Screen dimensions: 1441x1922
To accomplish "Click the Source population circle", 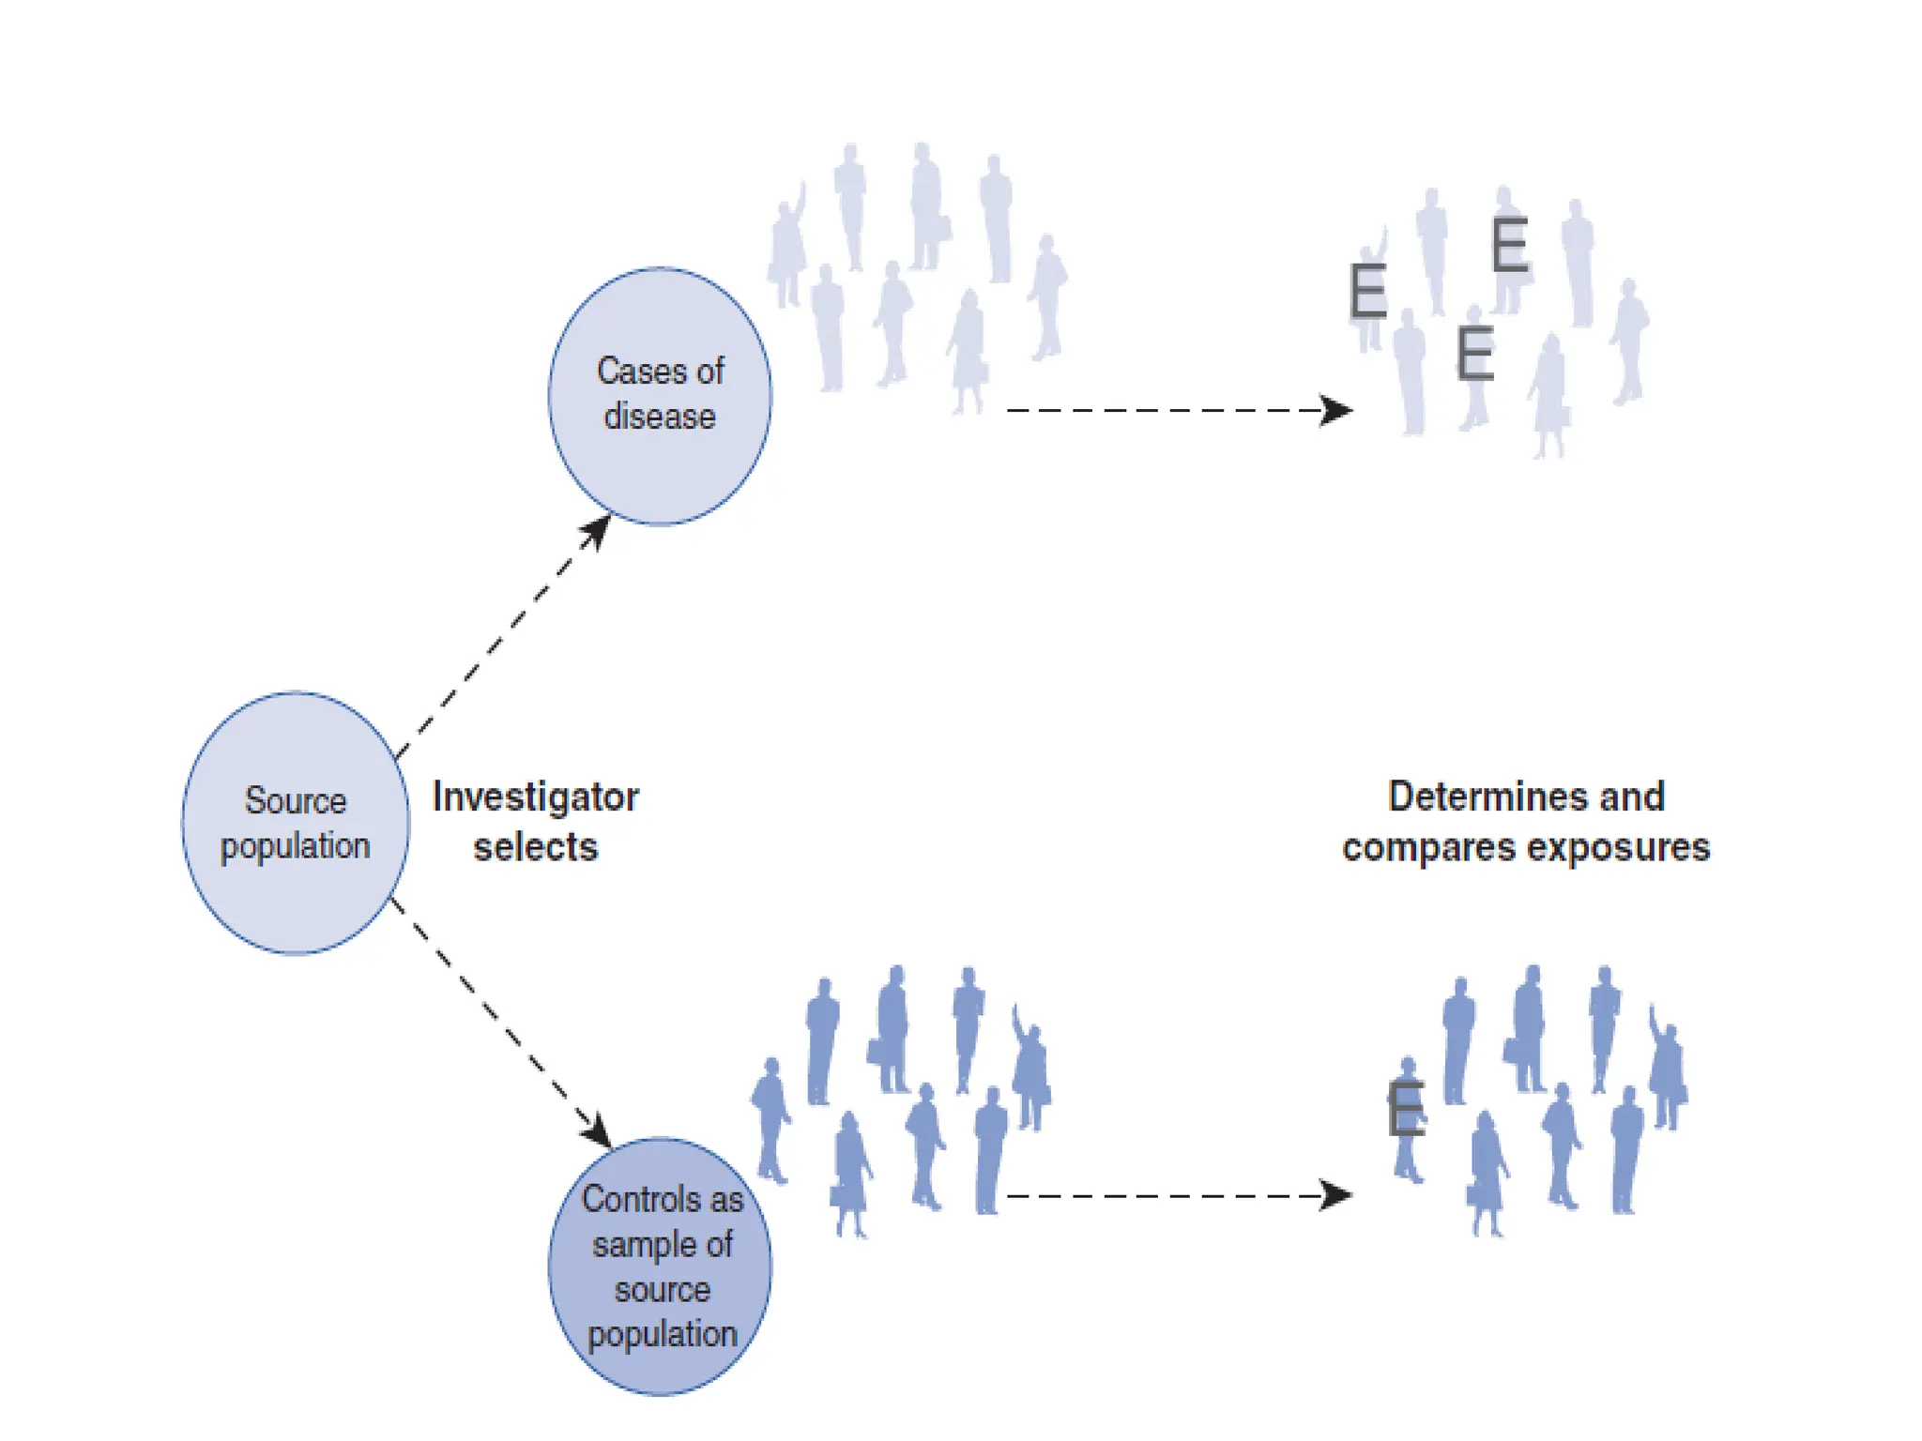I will click(x=295, y=823).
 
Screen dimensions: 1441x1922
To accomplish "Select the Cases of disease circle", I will click(x=660, y=395).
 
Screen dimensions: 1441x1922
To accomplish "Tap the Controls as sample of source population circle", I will click(x=660, y=1266).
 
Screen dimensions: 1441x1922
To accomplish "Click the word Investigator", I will click(x=535, y=797).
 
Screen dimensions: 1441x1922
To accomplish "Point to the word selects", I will click(x=535, y=847).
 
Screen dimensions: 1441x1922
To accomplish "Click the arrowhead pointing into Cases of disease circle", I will click(x=597, y=530).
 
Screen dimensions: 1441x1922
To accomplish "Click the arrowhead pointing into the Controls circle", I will click(x=597, y=1130).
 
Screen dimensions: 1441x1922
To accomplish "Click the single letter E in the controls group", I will click(x=1406, y=1108).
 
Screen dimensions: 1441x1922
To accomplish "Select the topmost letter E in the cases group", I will click(x=1509, y=245).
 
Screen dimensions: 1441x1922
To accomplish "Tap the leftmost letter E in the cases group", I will click(x=1367, y=291).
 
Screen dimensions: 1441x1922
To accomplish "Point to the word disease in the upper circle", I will click(x=660, y=417).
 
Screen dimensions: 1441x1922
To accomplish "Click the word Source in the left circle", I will click(x=296, y=800).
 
